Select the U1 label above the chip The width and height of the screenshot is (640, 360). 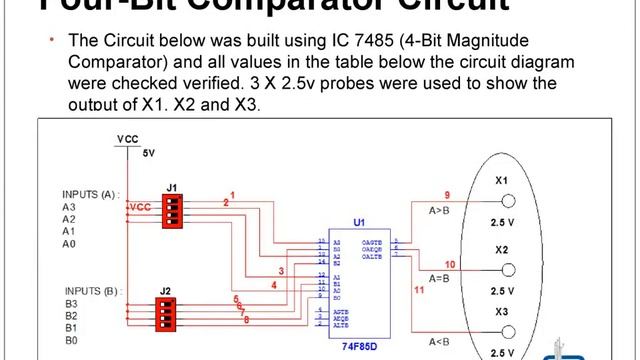coord(359,223)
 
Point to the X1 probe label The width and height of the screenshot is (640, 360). coord(502,181)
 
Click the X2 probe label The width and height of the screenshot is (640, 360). coord(502,248)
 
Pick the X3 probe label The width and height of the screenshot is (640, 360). coord(502,312)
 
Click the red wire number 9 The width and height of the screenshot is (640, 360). coord(447,194)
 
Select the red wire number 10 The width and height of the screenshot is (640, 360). coord(450,265)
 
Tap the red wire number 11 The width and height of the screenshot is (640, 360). coord(419,290)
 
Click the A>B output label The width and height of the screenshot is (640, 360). coord(441,211)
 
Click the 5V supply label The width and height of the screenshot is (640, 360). coord(150,154)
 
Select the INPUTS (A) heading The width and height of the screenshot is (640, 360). coord(90,194)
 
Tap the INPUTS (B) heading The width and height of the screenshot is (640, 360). coord(90,291)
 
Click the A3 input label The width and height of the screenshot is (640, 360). coord(69,207)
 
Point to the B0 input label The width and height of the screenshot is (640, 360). coord(70,340)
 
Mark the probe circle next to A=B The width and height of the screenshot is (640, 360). coord(509,270)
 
